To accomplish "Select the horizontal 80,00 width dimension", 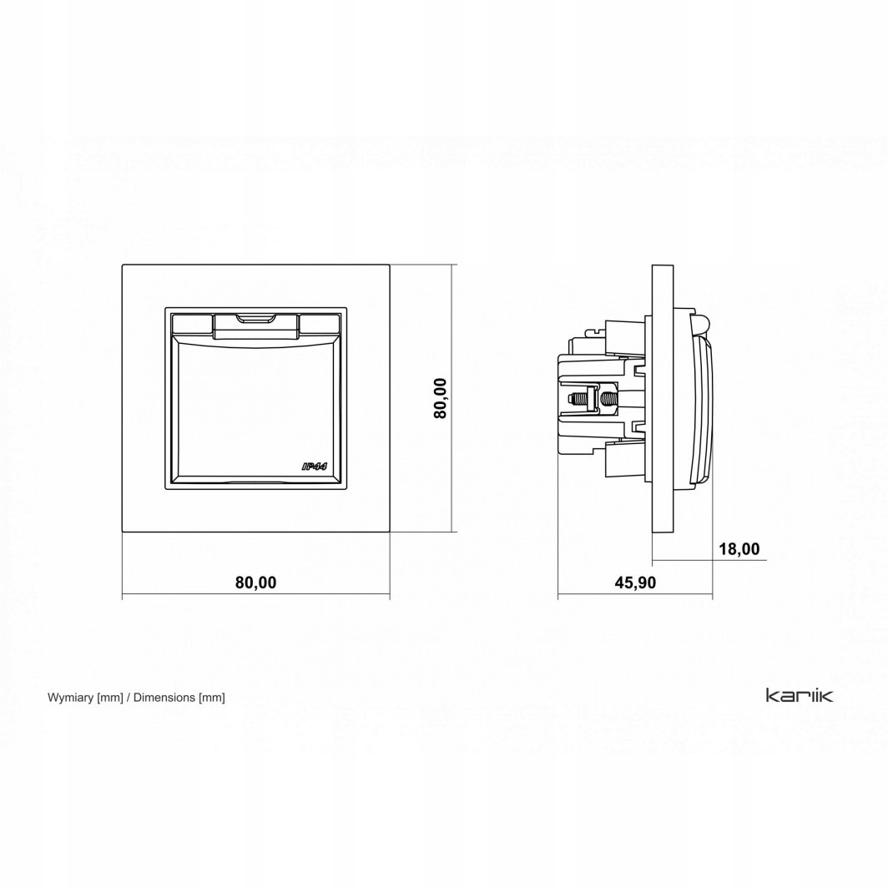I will click(255, 583).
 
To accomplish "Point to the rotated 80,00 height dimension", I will click(441, 398).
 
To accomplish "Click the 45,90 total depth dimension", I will click(635, 583).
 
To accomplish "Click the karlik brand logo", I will click(793, 694).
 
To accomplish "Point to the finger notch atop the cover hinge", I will click(256, 319).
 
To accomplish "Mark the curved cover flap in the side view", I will click(707, 409).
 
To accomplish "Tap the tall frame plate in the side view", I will click(661, 398).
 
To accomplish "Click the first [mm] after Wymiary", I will click(110, 697).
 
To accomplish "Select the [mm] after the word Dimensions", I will click(211, 697).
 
